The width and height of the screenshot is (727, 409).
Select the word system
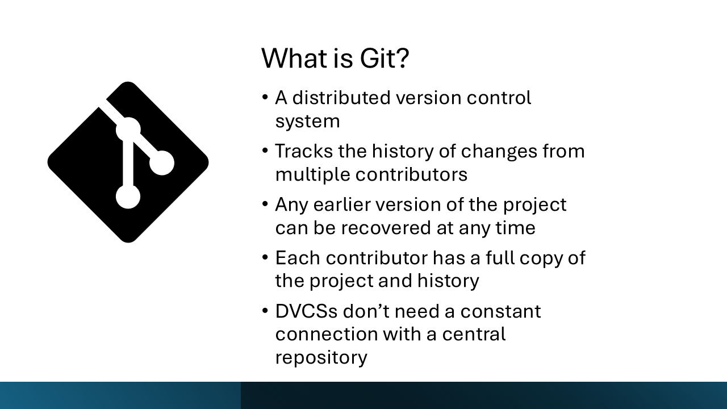click(x=307, y=122)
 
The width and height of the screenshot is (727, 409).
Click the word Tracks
click(x=302, y=151)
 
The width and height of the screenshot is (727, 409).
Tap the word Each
click(x=297, y=258)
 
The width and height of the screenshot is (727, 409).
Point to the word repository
click(x=321, y=358)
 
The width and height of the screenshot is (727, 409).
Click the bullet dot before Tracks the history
click(x=265, y=151)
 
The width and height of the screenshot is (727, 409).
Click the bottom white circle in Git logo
click(x=128, y=197)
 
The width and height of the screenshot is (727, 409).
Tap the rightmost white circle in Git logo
click(x=162, y=163)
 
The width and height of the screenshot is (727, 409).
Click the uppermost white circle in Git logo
click(x=128, y=130)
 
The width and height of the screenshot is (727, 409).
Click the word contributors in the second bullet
click(x=411, y=174)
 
